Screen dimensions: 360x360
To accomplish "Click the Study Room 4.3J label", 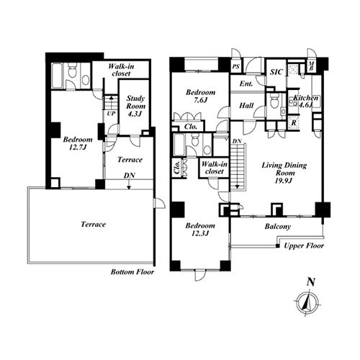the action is pos(135,106).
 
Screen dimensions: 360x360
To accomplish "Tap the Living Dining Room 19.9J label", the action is pos(284,173).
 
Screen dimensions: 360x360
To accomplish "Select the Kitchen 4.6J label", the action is pos(306,102).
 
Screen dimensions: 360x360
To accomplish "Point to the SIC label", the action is pos(276,72).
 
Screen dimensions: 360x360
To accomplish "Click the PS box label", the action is pos(236,66).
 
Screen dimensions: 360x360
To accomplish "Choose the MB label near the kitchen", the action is pos(311,66).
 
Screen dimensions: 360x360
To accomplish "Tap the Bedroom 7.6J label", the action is pos(200,96).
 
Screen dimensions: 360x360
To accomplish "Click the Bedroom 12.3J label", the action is pos(200,229).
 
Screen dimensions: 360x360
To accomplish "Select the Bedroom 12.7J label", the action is pos(78,143).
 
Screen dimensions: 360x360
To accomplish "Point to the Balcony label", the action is pos(278,226).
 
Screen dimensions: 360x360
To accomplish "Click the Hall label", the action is pos(246,106).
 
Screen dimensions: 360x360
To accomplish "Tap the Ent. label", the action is pos(246,84).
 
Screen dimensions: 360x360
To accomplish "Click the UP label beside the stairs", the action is pos(111,114).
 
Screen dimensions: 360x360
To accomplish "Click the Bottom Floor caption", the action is pos(132,272).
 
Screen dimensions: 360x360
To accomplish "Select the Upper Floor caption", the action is pos(304,246).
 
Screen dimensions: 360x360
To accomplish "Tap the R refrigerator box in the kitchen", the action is pos(294,122).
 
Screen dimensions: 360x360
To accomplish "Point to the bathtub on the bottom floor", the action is pos(57,76).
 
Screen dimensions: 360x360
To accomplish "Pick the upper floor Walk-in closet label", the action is pos(215,168).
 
